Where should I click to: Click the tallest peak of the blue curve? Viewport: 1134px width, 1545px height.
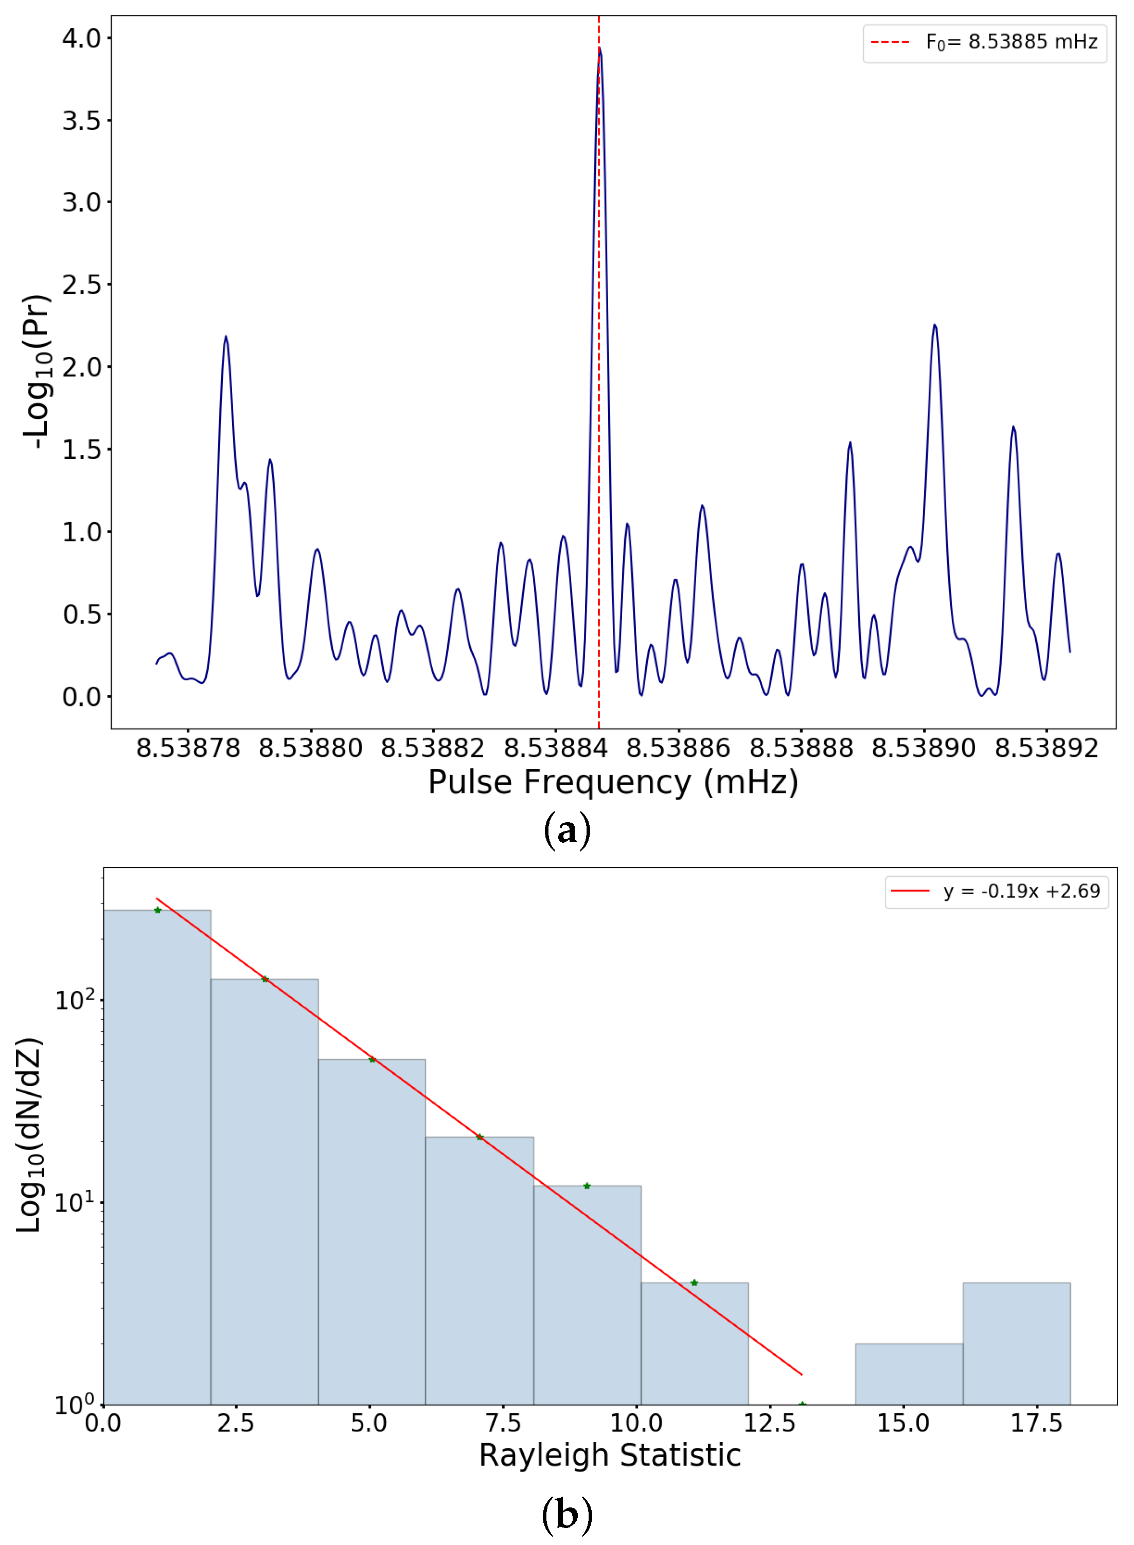coord(599,49)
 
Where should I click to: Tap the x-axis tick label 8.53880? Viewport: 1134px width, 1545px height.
coord(310,748)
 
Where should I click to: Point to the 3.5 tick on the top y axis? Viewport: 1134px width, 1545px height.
coord(81,121)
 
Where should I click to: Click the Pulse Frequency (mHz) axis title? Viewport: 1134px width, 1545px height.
coord(613,783)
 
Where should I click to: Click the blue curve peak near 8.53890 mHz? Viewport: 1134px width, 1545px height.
coord(934,326)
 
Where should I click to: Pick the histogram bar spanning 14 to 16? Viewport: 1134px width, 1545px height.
coord(909,1373)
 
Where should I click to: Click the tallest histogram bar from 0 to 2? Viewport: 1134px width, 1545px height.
coord(157,1153)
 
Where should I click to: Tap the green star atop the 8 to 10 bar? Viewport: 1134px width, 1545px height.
coord(587,1186)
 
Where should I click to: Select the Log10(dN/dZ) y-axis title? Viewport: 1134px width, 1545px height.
coord(30,1134)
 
